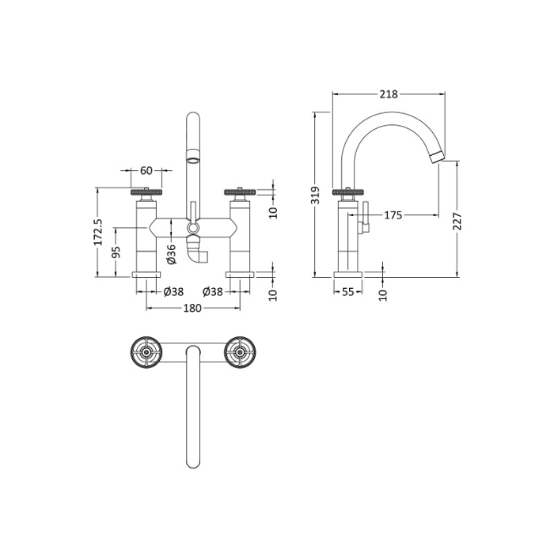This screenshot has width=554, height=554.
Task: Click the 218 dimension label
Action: pos(389,94)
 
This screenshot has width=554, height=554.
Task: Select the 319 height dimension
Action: pos(316,195)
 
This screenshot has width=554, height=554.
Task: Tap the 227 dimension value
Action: pos(457,221)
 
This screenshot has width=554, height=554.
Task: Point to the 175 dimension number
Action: pos(393,214)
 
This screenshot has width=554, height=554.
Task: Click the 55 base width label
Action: pos(348,292)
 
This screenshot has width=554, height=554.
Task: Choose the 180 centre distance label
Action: pos(192,308)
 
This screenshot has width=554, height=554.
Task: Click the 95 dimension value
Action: pos(116,252)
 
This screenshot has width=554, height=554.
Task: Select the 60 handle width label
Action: pos(146,171)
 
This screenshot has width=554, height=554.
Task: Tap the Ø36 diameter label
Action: pos(171,254)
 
